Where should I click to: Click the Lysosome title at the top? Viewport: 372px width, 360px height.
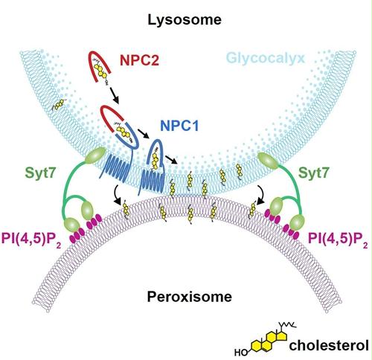pyautogui.click(x=185, y=20)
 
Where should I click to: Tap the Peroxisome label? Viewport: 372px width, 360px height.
pyautogui.click(x=190, y=297)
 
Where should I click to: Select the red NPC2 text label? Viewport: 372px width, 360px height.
pyautogui.click(x=139, y=60)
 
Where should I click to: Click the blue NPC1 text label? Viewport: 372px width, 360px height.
pyautogui.click(x=179, y=126)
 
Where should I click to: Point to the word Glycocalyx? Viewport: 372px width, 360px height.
pyautogui.click(x=266, y=59)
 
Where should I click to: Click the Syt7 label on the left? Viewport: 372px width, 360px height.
pyautogui.click(x=40, y=173)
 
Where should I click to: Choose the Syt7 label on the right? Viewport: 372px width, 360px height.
pyautogui.click(x=314, y=173)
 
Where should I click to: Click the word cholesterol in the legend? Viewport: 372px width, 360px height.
pyautogui.click(x=329, y=345)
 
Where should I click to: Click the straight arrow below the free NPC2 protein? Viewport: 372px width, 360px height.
pyautogui.click(x=115, y=95)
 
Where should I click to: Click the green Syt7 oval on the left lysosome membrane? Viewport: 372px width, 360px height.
pyautogui.click(x=95, y=155)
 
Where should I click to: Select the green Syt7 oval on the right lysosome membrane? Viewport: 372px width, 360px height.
pyautogui.click(x=268, y=161)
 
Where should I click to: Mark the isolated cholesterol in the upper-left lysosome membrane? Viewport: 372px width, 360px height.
pyautogui.click(x=59, y=105)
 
